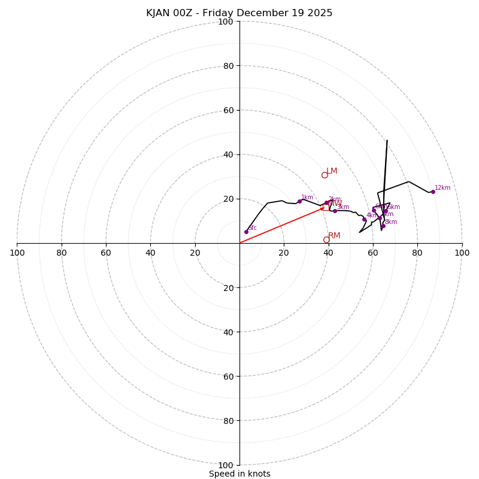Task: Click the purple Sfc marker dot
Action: (x=246, y=232)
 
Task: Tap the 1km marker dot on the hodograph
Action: (x=299, y=201)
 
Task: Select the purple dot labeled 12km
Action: (x=433, y=192)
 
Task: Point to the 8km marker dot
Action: (x=383, y=226)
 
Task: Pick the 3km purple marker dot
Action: (x=335, y=211)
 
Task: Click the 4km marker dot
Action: (x=364, y=219)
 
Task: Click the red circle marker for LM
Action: (x=325, y=175)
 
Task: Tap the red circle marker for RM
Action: (x=326, y=239)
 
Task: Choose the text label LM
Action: (x=332, y=171)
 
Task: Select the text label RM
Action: (x=334, y=236)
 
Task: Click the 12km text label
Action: (x=442, y=188)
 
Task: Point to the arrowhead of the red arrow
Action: (x=323, y=208)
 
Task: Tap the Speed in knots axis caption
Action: (x=239, y=474)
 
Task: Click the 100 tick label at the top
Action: (x=226, y=22)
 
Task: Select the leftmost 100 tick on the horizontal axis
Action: (x=17, y=253)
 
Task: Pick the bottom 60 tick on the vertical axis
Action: (x=226, y=376)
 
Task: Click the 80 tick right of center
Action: (x=417, y=253)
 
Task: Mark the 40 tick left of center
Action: (x=150, y=253)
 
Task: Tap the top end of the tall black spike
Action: (x=387, y=141)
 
